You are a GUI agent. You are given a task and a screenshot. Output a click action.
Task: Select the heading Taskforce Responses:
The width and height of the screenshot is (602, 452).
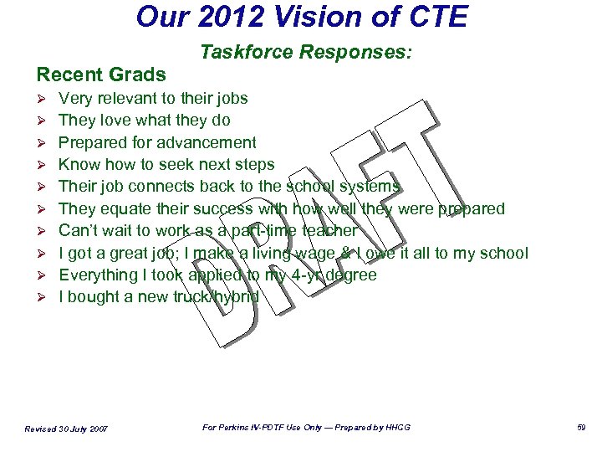306,53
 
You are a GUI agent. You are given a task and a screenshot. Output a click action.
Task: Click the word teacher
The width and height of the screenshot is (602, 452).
329,230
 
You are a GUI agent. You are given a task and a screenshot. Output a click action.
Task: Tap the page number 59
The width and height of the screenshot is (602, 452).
580,428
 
